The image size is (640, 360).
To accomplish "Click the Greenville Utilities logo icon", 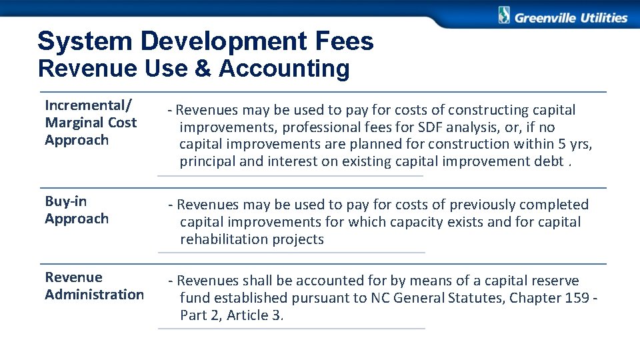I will (x=504, y=15).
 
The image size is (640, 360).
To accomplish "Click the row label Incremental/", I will (x=89, y=105).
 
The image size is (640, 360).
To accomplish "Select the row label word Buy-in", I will (x=66, y=201).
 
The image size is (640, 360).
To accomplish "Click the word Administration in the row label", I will (x=95, y=295).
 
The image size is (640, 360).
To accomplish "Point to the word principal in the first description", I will (x=207, y=161).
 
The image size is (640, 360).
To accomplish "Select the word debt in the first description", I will (x=549, y=161).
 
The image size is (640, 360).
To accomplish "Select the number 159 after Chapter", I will (x=577, y=298).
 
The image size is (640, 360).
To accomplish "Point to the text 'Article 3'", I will (x=255, y=315).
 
